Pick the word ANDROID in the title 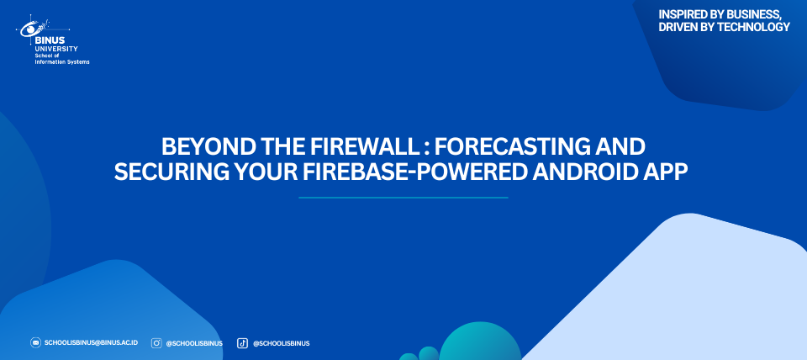click(583, 172)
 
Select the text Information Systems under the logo click(61, 62)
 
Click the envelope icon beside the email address click(35, 343)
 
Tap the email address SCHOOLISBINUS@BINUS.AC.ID click(91, 343)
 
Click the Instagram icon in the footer click(156, 343)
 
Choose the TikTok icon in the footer click(242, 343)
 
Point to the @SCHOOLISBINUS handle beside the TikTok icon click(281, 343)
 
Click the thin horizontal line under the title click(403, 198)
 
